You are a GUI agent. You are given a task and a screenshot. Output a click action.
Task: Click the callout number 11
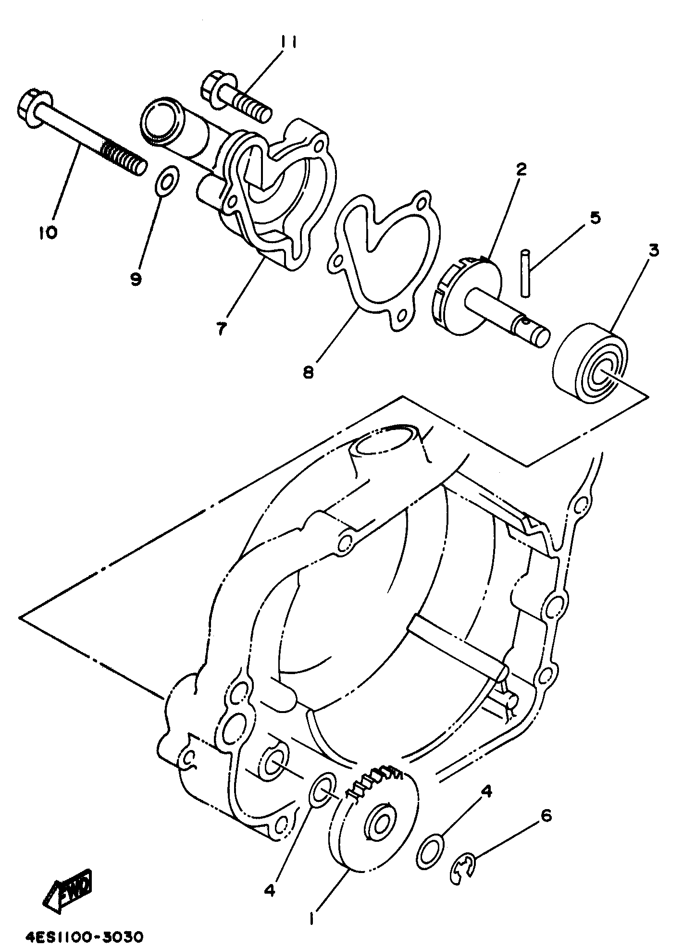(288, 43)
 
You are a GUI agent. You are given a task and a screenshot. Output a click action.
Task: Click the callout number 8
(308, 371)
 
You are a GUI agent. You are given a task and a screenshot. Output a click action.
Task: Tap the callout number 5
(595, 217)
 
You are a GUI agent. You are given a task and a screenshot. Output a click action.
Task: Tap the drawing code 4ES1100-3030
(82, 923)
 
